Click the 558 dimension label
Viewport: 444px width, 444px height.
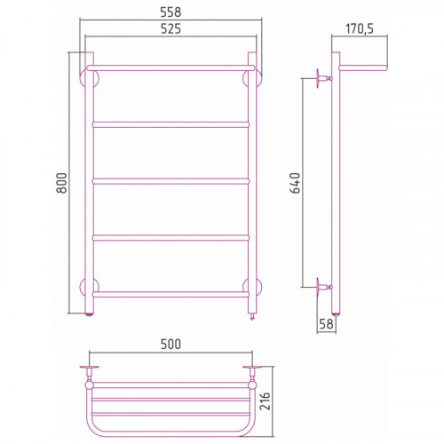point(170,12)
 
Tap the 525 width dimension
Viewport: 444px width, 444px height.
point(170,28)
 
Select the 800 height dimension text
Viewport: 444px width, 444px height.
point(62,183)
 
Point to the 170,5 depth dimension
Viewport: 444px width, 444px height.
point(360,28)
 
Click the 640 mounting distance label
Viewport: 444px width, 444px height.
point(296,183)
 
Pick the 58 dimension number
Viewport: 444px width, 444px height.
point(326,324)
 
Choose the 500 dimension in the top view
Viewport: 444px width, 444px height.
point(170,345)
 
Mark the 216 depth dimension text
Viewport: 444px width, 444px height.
point(265,401)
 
